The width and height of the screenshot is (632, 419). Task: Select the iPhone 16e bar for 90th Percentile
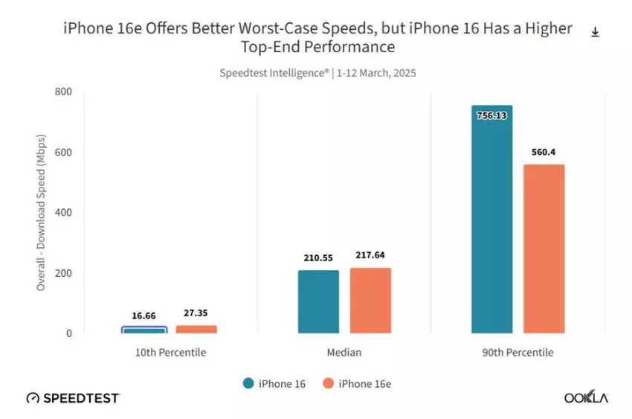tap(544, 249)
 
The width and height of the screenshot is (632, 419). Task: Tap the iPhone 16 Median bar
tap(318, 301)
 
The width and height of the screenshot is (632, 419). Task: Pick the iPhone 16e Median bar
tap(370, 300)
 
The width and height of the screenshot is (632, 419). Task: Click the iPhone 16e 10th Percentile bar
tap(196, 329)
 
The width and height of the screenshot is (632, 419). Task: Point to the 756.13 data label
tap(491, 115)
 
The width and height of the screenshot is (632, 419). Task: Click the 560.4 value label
tap(544, 153)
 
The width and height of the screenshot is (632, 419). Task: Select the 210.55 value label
tap(318, 258)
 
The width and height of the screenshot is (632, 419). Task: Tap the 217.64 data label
tap(370, 256)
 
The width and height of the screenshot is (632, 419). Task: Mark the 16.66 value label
tap(144, 315)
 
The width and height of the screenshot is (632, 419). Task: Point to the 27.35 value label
tap(196, 313)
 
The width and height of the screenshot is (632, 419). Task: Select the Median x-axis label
tap(344, 352)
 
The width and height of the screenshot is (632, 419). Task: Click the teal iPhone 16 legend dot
tap(248, 383)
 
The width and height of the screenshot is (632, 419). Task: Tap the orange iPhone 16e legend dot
tap(328, 383)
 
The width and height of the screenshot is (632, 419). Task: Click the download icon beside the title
tap(595, 32)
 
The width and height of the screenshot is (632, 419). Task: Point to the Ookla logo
tap(586, 398)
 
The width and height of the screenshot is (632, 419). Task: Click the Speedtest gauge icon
tap(33, 398)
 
